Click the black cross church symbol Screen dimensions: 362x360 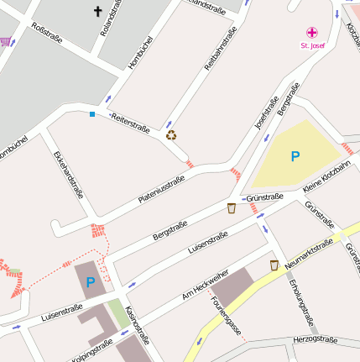click(97, 12)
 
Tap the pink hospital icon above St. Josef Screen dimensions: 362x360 click(311, 32)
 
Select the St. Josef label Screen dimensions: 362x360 click(311, 45)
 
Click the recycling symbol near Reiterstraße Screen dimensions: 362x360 click(171, 134)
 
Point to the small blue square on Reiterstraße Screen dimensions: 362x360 click(92, 113)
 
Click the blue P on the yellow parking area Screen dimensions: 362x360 click(295, 156)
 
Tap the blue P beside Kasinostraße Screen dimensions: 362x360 click(91, 281)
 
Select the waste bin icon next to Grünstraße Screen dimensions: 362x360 click(232, 208)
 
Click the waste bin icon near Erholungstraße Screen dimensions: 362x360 click(274, 265)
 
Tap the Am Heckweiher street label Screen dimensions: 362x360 click(205, 286)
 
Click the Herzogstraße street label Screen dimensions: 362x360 click(315, 339)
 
